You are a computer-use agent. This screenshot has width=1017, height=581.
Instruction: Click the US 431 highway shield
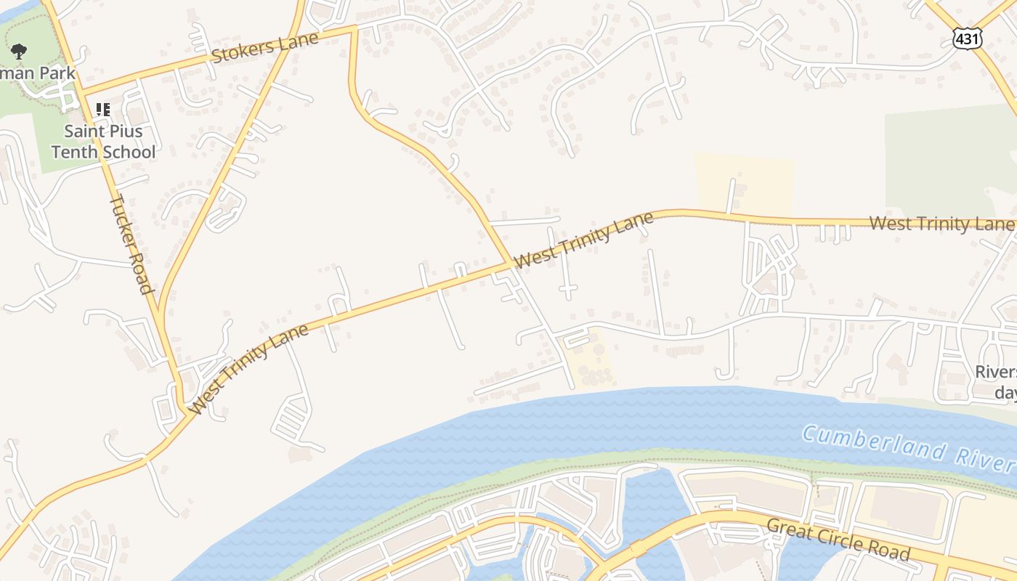coord(968,38)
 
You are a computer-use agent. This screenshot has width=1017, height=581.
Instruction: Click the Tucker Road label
coord(131,244)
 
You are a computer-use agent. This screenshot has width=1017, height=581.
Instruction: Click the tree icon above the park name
coord(19,51)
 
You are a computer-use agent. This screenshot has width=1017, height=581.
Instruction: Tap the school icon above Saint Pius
coord(103,110)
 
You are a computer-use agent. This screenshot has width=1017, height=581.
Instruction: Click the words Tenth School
coord(103,152)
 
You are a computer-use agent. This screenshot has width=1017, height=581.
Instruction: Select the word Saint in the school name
coord(84,131)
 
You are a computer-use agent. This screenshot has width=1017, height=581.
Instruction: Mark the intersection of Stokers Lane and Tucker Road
coord(81,93)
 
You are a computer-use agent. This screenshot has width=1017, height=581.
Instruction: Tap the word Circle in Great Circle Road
coord(836,538)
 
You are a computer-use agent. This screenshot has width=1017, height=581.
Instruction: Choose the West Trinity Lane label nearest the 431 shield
coord(941,223)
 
